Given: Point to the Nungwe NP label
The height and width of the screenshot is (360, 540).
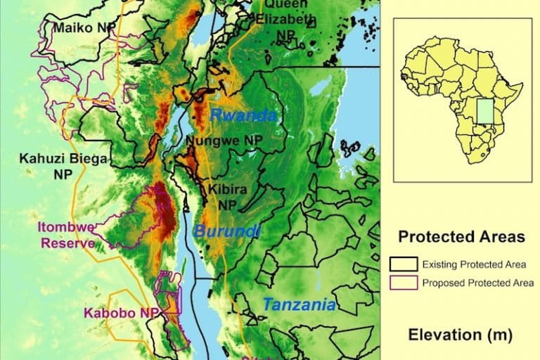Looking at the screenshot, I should pos(224,141).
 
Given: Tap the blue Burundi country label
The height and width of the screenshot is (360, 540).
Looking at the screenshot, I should pos(226,231).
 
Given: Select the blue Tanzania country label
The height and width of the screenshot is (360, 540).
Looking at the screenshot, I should pos(299,306).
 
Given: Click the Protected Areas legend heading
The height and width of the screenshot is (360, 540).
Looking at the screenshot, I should pos(461,237).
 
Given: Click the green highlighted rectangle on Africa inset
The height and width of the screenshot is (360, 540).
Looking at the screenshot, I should pos(484,115).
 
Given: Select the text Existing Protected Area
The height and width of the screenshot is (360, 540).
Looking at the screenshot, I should pos(473,265).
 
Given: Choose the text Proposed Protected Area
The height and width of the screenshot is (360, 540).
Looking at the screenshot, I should pos(478,283).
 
